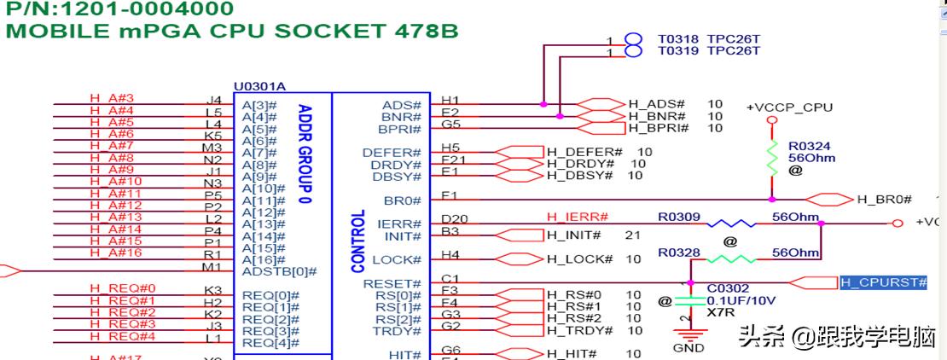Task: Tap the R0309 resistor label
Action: [x=678, y=217]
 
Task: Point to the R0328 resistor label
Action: [x=678, y=253]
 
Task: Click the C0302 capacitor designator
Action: [x=728, y=288]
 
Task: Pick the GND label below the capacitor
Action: [x=688, y=348]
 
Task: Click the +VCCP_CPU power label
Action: [x=789, y=107]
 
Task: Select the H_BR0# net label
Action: [x=884, y=200]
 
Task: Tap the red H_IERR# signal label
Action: [x=577, y=217]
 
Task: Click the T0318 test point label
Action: [x=678, y=38]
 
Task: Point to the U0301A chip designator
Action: [x=259, y=87]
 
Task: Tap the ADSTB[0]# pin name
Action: [x=279, y=271]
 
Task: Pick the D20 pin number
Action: [x=451, y=219]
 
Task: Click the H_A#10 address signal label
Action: [x=115, y=181]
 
